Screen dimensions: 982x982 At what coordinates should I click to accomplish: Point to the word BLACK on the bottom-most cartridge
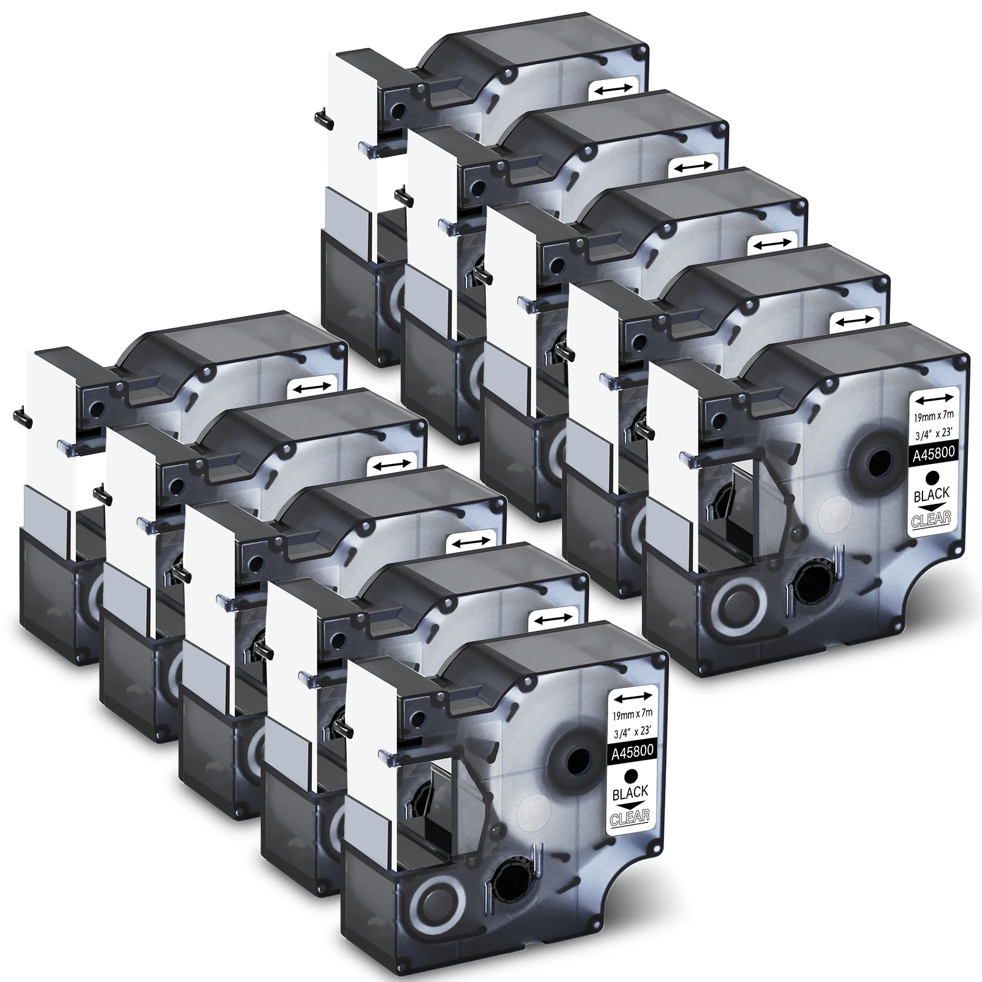631,795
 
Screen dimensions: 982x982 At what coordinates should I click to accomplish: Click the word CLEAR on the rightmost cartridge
931,519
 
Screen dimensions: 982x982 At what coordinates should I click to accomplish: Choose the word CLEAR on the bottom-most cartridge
630,819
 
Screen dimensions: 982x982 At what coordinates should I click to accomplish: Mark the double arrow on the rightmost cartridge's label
932,400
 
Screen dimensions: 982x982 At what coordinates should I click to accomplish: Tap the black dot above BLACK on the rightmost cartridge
932,476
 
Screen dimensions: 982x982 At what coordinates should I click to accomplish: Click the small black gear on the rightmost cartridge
811,580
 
